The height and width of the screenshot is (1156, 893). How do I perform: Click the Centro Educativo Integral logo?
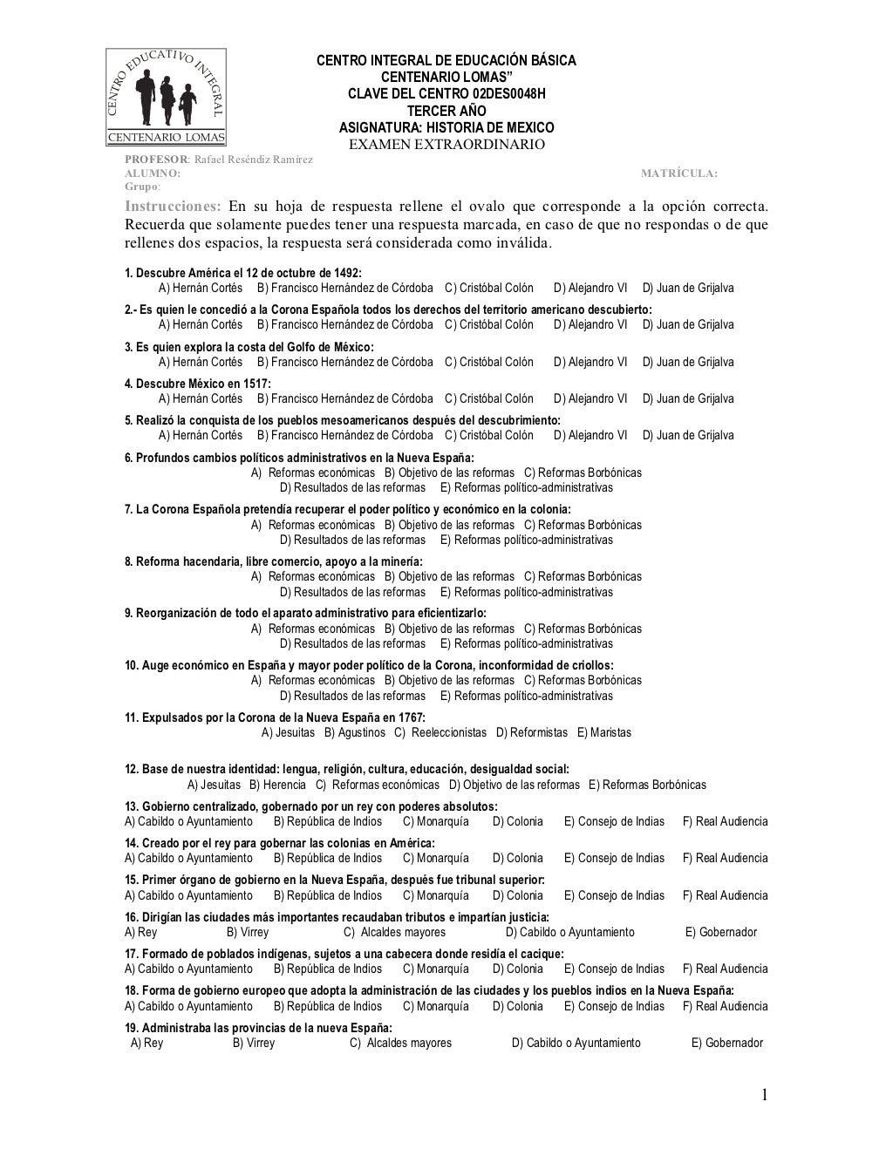[x=166, y=97]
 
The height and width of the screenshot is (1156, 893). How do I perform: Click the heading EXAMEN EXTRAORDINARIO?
[x=446, y=144]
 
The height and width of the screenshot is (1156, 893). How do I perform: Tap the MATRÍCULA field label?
[x=679, y=173]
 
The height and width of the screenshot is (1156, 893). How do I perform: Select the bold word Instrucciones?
[x=173, y=207]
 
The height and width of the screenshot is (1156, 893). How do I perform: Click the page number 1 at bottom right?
[x=764, y=1096]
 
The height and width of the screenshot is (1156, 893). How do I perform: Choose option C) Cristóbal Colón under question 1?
[x=489, y=288]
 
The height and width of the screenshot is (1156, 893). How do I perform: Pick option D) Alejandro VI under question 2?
[x=590, y=324]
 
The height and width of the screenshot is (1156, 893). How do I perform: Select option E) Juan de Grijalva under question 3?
[x=688, y=362]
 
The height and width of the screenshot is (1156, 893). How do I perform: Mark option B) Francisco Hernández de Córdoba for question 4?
[x=345, y=398]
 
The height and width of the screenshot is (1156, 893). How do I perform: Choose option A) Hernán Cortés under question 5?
[x=201, y=435]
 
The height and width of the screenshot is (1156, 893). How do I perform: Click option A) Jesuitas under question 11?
[x=289, y=732]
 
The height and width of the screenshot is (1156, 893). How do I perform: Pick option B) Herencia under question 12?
[x=278, y=785]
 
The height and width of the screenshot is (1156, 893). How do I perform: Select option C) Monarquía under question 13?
[x=436, y=821]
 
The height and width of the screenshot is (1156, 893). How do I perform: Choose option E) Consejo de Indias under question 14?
[x=614, y=858]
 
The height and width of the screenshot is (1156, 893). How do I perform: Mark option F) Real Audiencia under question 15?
[x=726, y=895]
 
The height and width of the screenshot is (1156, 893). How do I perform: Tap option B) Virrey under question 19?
[x=254, y=1043]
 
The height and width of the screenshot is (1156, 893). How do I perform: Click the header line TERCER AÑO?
[x=446, y=111]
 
